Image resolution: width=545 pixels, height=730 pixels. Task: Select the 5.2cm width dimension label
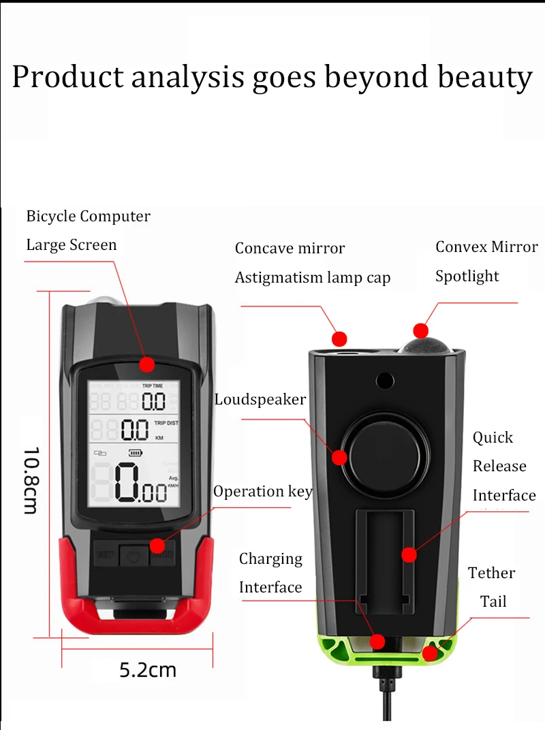pos(148,670)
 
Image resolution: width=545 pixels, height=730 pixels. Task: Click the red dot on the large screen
pos(146,365)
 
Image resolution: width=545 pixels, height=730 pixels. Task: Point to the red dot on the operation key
pos(157,545)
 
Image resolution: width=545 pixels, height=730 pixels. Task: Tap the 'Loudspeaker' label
pos(260,399)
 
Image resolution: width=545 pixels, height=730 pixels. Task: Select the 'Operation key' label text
pos(262,492)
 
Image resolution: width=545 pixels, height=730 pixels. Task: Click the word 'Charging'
pos(270,559)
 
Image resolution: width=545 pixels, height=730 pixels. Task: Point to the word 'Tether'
pos(491,573)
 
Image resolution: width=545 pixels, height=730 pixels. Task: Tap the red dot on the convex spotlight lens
pos(421,331)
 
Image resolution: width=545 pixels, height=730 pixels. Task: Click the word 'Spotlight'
pos(467,276)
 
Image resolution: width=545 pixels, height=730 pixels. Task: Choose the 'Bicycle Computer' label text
pos(89,217)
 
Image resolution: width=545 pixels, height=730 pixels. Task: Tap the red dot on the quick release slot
pos(409,555)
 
